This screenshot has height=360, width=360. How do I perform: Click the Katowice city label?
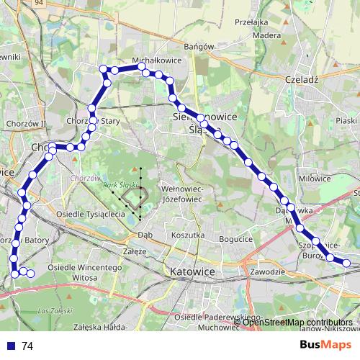[x=194, y=272]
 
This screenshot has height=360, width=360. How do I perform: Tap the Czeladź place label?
[x=302, y=80]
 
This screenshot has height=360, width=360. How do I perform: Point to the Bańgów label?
[x=199, y=47]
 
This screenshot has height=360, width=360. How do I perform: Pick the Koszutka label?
[x=189, y=235]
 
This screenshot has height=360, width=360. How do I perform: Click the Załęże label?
[x=135, y=252]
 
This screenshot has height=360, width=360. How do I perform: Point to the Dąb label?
[x=145, y=235]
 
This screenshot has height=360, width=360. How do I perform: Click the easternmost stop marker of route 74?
[x=346, y=264]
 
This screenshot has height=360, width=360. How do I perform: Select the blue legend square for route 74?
[x=10, y=346]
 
